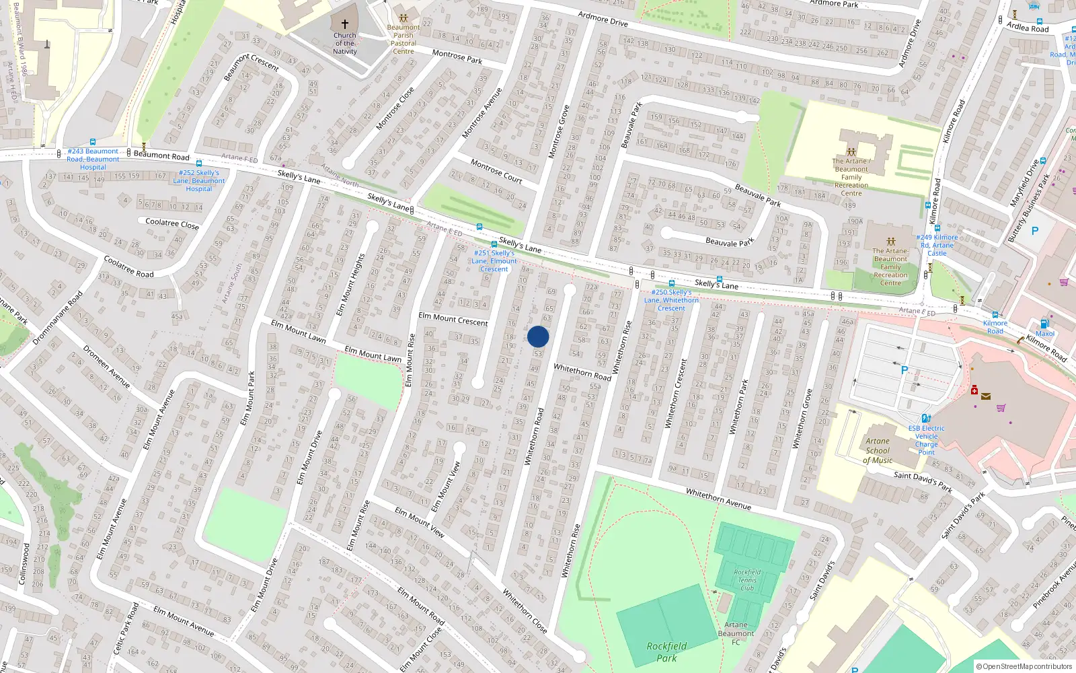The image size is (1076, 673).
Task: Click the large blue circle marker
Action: [538, 336]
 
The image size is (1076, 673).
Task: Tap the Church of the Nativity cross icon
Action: [345, 24]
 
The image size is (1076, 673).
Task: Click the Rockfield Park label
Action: [666, 651]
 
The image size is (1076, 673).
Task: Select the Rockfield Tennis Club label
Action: [747, 579]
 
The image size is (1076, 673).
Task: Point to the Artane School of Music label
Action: [878, 451]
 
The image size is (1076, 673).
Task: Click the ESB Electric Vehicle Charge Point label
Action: [926, 440]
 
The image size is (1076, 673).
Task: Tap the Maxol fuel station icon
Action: [1044, 324]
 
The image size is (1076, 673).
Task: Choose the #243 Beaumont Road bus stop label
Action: [93, 159]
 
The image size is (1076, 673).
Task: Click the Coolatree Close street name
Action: [172, 223]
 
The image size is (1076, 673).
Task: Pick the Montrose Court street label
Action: [496, 171]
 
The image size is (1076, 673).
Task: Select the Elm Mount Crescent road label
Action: [453, 319]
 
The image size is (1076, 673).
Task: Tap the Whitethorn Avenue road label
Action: [718, 499]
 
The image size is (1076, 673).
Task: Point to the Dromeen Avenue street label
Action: [106, 366]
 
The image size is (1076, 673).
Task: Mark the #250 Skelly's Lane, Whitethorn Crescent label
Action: [671, 300]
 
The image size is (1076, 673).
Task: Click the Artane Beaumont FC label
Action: [736, 633]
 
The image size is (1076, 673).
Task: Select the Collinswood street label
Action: [24, 564]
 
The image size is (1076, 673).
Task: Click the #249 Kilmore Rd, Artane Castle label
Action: [937, 245]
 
